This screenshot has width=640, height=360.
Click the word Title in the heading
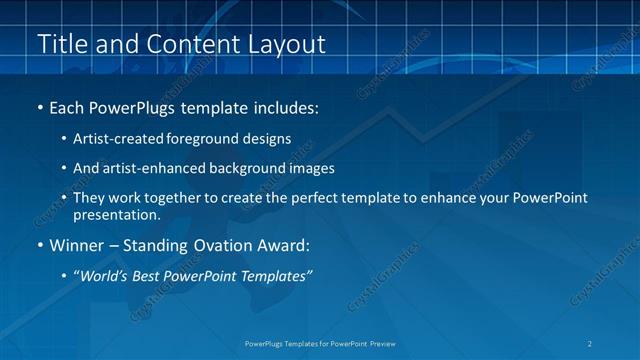click(61, 45)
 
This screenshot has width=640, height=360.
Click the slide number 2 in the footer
click(590, 344)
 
